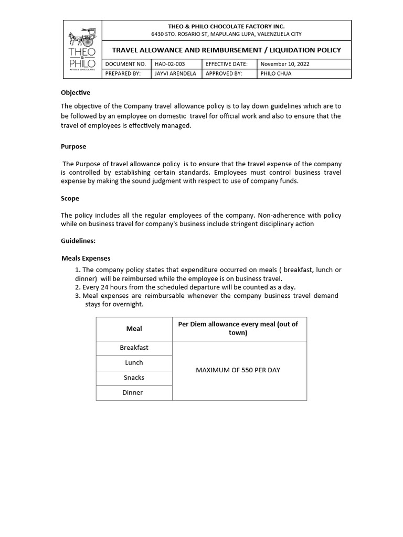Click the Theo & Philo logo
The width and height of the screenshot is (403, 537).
[x=82, y=49]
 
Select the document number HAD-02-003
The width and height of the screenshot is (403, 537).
[x=169, y=64]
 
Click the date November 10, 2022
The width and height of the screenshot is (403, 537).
[x=285, y=64]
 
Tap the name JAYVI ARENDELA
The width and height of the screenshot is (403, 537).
[x=175, y=73]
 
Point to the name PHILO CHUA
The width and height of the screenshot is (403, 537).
[x=276, y=73]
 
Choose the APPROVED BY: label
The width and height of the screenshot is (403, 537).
[x=224, y=73]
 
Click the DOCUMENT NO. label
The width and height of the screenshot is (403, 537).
[x=125, y=64]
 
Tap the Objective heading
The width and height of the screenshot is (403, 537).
[x=76, y=92]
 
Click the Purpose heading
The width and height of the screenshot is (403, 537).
[x=73, y=146]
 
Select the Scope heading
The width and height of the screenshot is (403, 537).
[x=70, y=198]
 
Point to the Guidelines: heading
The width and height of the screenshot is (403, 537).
[x=78, y=241]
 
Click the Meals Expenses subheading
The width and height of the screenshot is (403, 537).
[x=86, y=258]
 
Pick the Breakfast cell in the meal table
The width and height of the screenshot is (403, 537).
[x=134, y=348]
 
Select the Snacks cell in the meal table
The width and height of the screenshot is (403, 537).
[x=134, y=378]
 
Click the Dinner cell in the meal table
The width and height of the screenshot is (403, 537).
[x=133, y=392]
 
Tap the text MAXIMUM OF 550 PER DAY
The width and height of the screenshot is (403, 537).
[x=238, y=370]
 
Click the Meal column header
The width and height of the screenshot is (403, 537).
[x=134, y=329]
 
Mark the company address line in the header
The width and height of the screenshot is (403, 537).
[x=226, y=34]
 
